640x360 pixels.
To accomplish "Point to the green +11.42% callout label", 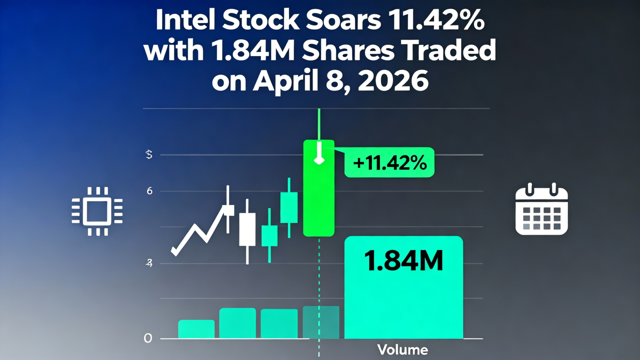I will click(389, 162).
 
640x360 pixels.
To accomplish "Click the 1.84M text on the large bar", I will click(403, 261).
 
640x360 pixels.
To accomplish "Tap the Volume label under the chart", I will click(402, 349).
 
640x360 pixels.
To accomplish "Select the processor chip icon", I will click(97, 211).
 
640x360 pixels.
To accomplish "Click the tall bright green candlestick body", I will click(318, 200).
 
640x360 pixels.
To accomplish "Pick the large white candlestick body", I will click(247, 229).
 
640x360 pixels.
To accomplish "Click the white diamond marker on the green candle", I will click(318, 160).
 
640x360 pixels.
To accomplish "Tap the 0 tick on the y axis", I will click(147, 338).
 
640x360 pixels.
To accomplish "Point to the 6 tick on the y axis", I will click(149, 191).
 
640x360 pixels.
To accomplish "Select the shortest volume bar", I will click(196, 329).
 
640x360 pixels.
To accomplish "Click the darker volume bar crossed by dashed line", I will click(321, 322).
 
